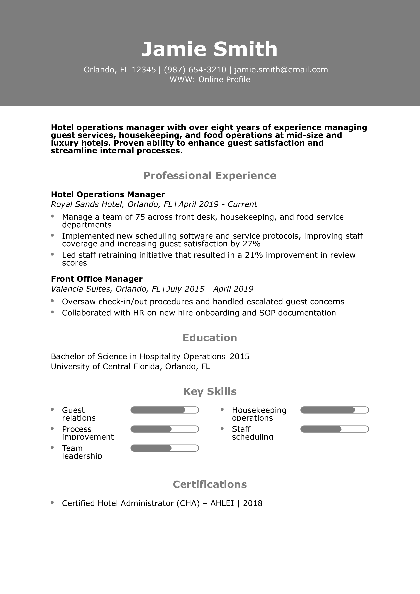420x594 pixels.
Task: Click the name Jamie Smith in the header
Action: (x=210, y=49)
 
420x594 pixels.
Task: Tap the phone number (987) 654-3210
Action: (x=195, y=70)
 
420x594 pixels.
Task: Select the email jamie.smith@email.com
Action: (x=281, y=70)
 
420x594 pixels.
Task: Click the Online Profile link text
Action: (x=224, y=79)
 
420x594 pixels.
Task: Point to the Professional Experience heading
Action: (x=210, y=175)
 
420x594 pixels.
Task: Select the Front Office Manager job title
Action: (x=97, y=279)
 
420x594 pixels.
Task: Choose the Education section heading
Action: (x=210, y=338)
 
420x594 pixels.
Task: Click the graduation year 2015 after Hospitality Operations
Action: (x=240, y=356)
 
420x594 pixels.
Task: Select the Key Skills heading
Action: (x=210, y=391)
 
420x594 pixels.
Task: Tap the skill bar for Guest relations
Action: (x=165, y=410)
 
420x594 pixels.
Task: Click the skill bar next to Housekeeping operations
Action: (x=334, y=410)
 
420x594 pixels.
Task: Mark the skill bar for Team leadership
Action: (x=165, y=448)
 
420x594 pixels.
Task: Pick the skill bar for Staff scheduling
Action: (x=334, y=429)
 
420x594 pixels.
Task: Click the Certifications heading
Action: (x=210, y=484)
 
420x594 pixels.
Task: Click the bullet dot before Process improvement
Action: (x=52, y=428)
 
